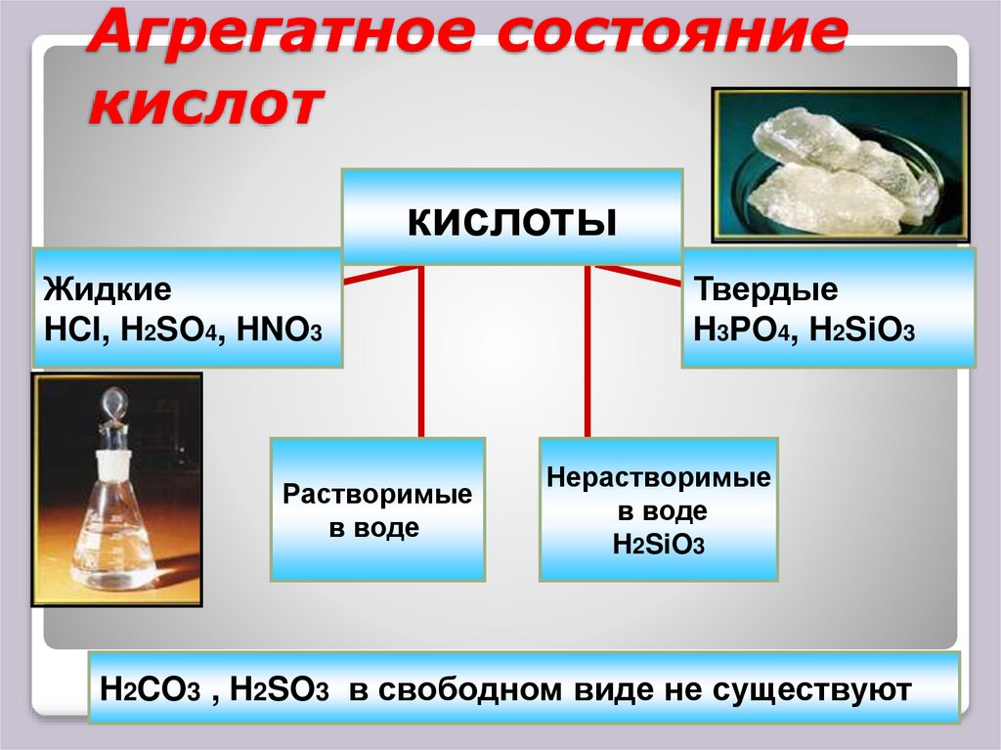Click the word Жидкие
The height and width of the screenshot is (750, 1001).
[108, 290]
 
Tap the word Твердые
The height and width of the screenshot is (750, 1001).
[765, 290]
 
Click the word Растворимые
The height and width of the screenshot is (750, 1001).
[377, 495]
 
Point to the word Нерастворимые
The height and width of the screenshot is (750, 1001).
[659, 479]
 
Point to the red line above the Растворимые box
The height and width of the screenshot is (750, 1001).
[421, 352]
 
